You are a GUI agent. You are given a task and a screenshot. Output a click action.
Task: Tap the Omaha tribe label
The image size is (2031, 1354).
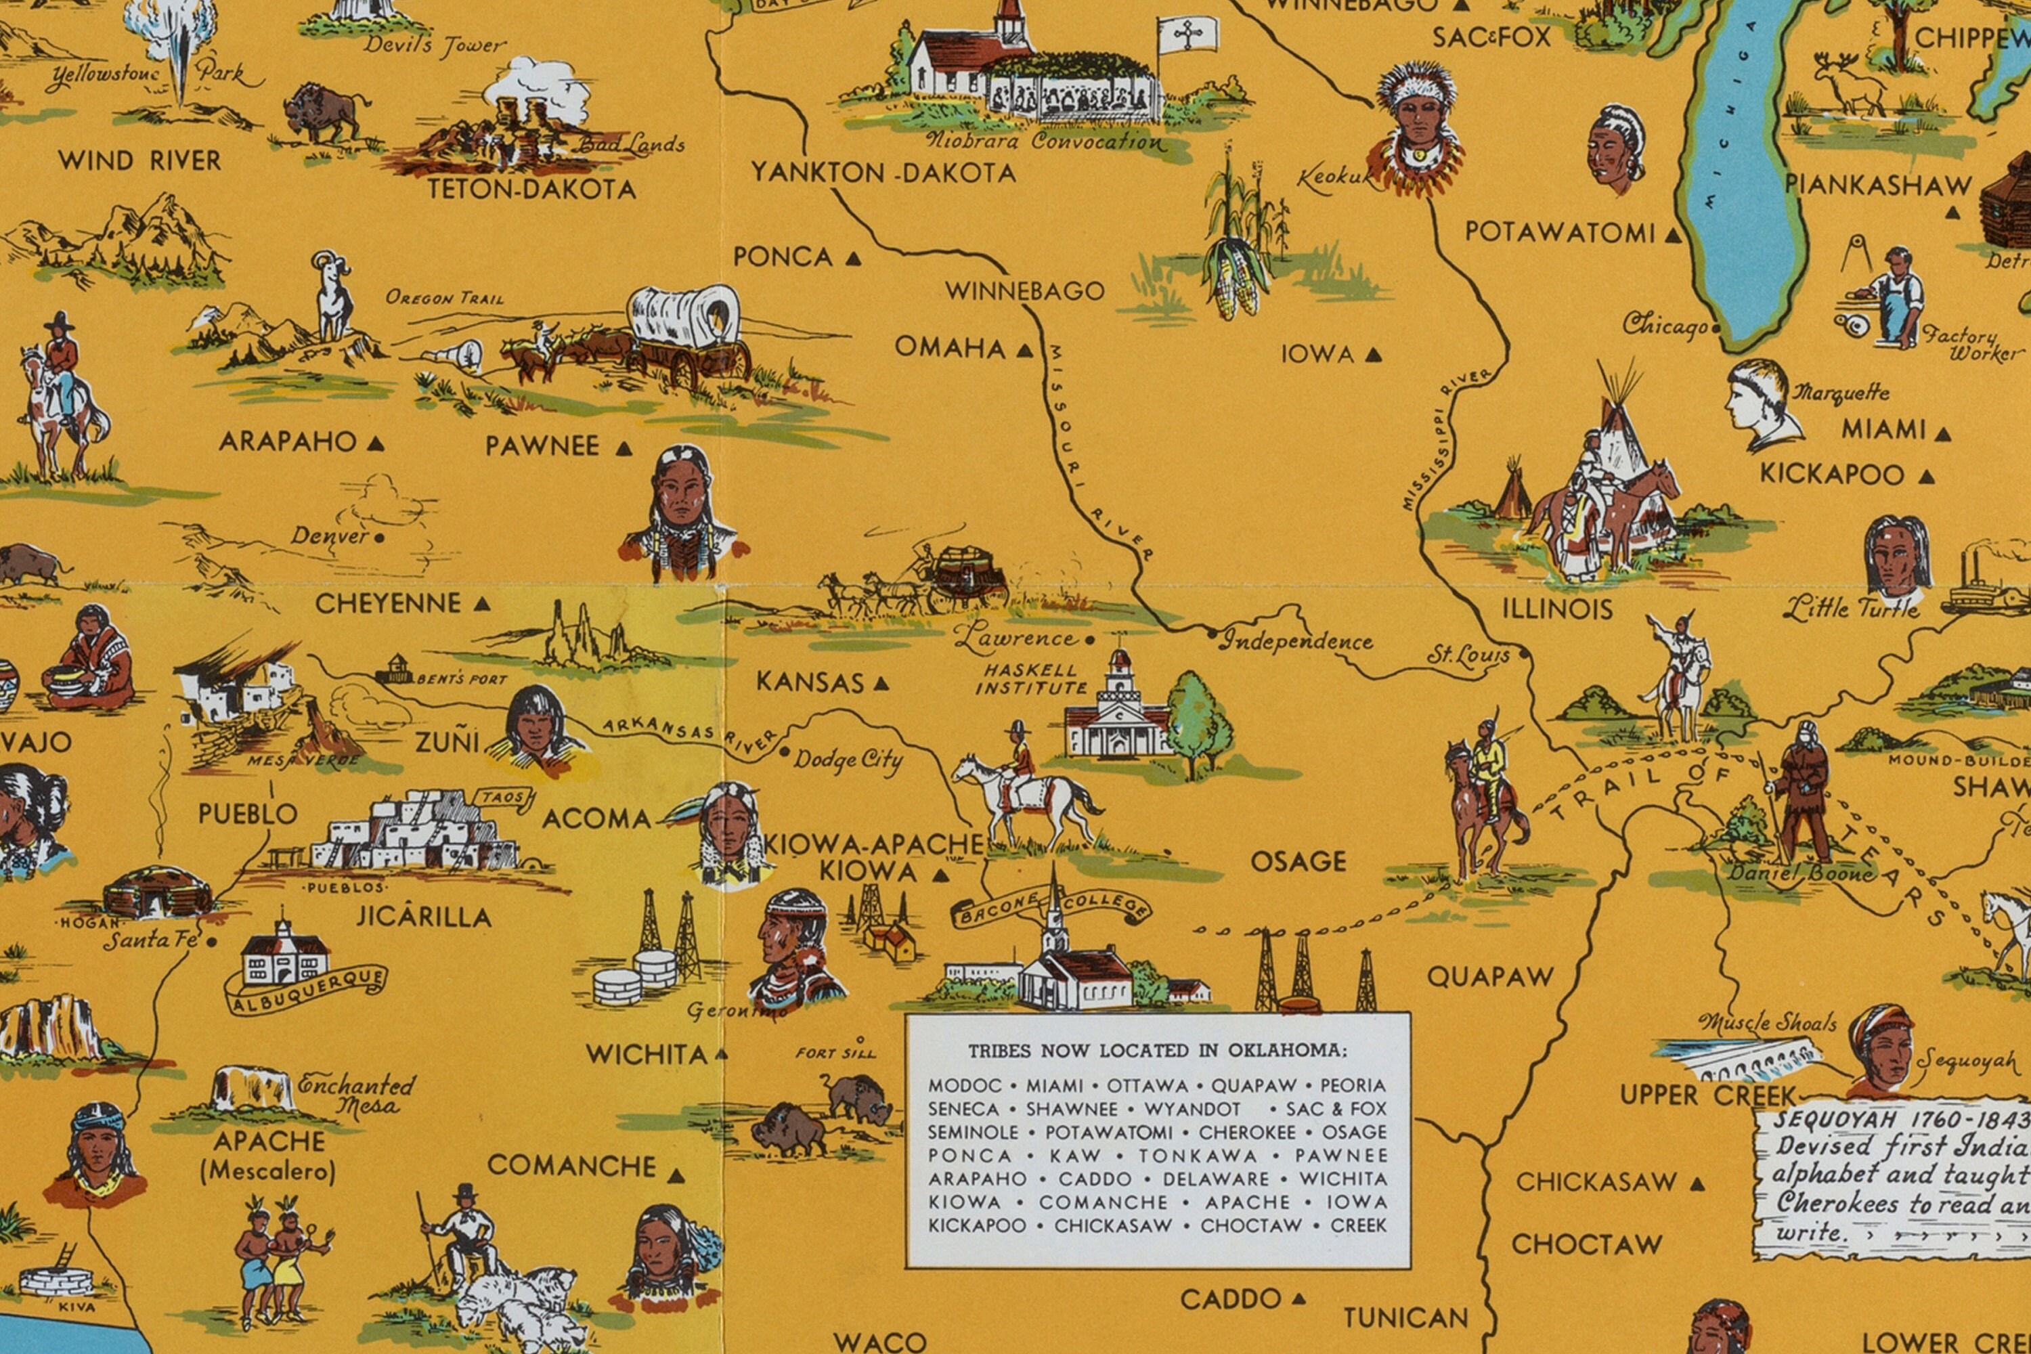tap(950, 348)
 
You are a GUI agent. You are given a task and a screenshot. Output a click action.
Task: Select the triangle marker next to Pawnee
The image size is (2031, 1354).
tap(624, 448)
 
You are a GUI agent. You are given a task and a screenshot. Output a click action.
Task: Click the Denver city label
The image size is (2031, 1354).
tap(329, 536)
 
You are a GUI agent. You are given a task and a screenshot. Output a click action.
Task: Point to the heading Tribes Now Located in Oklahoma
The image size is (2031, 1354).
tap(1157, 1051)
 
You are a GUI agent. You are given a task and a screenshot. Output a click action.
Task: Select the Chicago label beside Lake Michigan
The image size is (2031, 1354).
tap(1664, 326)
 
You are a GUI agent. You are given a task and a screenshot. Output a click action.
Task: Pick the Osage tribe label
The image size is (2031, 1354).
tap(1298, 861)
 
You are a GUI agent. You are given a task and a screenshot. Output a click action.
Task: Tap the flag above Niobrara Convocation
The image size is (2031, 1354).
tap(1188, 35)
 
